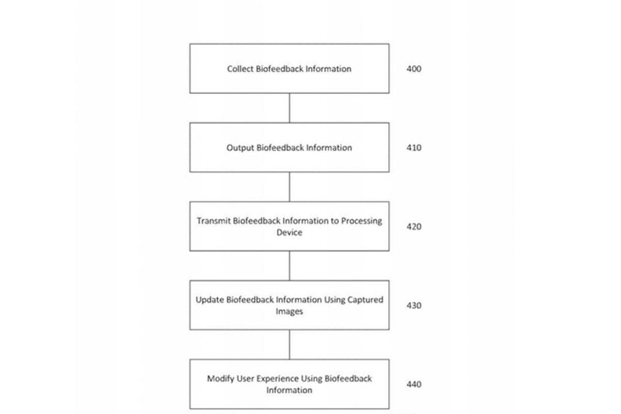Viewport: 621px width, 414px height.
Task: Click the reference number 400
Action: click(414, 69)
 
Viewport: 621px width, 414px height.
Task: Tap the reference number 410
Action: click(414, 148)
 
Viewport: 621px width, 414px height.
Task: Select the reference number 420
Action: click(414, 227)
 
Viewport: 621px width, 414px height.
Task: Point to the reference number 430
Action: click(414, 305)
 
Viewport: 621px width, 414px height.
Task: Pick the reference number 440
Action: click(414, 384)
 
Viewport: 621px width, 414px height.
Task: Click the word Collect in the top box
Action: click(240, 69)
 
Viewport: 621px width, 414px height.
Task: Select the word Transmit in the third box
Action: click(213, 221)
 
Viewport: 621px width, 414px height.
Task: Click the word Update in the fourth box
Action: click(209, 300)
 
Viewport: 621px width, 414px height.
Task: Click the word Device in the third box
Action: click(289, 232)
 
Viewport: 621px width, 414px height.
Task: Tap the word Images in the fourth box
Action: click(289, 312)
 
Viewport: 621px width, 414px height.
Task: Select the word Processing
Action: click(362, 221)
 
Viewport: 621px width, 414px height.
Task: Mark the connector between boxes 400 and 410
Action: click(289, 108)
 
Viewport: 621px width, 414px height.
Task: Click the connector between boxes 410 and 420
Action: click(289, 187)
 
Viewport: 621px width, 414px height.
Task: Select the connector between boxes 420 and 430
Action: click(289, 266)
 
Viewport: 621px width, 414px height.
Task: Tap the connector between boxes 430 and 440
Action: click(289, 344)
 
